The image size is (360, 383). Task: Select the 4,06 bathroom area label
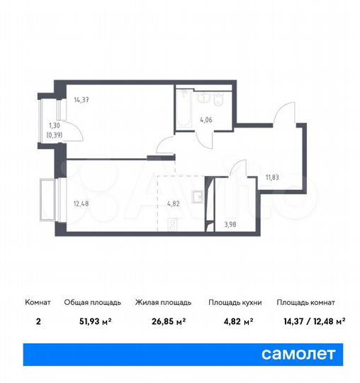pos(206,119)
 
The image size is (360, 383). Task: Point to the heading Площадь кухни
pos(235,303)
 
